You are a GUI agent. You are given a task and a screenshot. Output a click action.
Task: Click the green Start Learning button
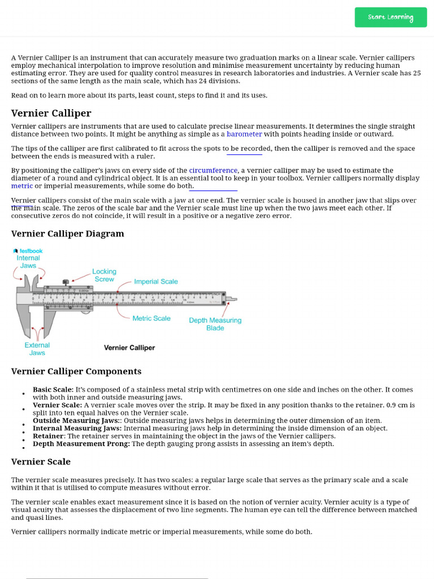[390, 17]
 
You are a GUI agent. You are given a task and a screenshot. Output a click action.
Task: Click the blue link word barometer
[244, 134]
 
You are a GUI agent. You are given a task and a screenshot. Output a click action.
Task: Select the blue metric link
[22, 185]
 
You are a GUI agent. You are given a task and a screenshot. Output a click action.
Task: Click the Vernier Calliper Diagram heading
[67, 234]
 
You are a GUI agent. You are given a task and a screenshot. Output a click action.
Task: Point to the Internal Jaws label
[28, 261]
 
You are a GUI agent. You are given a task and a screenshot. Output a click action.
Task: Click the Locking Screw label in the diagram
[104, 275]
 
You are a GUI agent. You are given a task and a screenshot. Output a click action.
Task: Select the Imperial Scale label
[156, 282]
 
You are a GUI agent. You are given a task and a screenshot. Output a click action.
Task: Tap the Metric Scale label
[151, 318]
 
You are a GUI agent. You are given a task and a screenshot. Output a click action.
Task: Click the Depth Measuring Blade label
[215, 324]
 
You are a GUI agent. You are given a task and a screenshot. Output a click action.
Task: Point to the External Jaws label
[37, 349]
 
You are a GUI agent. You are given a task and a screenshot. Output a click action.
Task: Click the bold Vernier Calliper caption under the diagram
[129, 348]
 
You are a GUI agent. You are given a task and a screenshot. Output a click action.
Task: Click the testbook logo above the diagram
[28, 250]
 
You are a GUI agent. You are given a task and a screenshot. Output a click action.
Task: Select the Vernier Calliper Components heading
[76, 371]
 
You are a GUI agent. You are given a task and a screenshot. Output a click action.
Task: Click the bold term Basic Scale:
[53, 390]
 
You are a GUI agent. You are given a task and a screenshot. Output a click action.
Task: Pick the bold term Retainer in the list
[48, 436]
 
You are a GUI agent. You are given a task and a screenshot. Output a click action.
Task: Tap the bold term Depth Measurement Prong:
[81, 444]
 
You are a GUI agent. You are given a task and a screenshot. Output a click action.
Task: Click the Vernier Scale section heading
[41, 462]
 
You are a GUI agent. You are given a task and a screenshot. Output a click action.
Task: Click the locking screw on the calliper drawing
[67, 282]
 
